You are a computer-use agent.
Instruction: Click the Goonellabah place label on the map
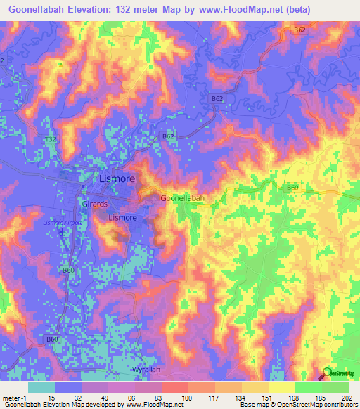point(183,198)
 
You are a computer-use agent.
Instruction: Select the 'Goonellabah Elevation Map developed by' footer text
point(62,405)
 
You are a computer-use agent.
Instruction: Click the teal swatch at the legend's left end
point(41,387)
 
